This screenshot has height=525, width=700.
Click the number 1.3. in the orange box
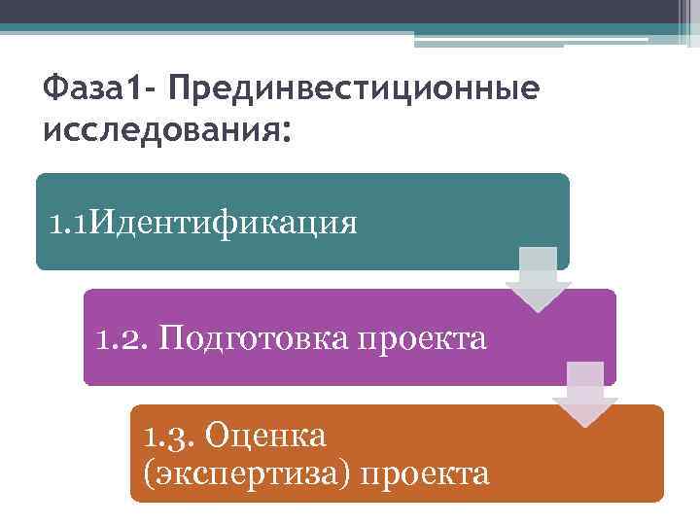pos(167,435)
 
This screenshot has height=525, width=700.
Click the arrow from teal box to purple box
pos(538,280)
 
